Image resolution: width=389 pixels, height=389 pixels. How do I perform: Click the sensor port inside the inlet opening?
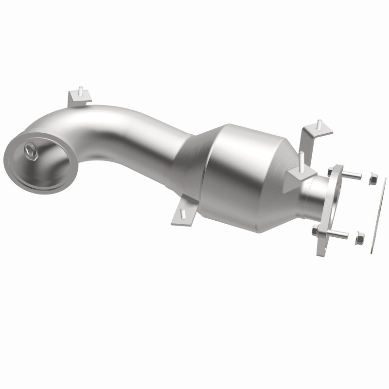(32, 152)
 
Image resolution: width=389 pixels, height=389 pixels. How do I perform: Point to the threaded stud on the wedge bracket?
(302, 159)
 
